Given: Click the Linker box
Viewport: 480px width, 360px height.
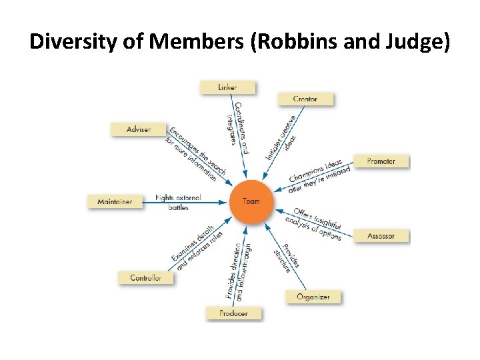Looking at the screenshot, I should (x=227, y=87).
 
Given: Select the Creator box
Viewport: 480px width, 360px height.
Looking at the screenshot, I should (x=305, y=99).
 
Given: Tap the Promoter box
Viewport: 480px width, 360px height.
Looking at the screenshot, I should (x=381, y=161).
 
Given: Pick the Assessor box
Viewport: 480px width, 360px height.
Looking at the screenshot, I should (x=381, y=235).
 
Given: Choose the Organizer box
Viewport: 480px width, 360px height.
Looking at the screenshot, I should (x=313, y=297).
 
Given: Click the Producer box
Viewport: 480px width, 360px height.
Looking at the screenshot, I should (x=233, y=313).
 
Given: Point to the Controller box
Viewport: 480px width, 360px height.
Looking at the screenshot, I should (x=145, y=277).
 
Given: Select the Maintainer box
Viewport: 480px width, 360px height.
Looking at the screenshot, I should (x=115, y=201).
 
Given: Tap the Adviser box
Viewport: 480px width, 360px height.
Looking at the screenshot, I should (x=138, y=129).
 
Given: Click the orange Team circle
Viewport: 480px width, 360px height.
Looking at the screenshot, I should (x=251, y=201).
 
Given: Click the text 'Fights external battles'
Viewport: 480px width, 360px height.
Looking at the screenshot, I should (x=177, y=202).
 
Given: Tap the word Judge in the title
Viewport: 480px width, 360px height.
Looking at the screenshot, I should (x=413, y=43).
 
